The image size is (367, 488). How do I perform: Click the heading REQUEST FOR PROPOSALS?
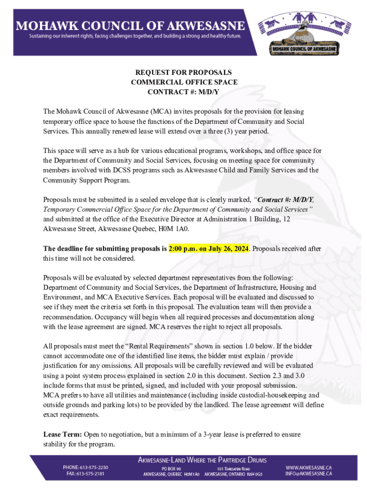point(183,72)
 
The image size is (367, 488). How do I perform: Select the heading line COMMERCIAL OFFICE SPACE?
point(183,82)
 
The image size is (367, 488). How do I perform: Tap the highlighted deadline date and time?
point(209,248)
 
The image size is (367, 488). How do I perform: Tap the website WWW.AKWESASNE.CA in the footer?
point(309,468)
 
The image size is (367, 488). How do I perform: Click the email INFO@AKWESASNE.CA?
point(309,474)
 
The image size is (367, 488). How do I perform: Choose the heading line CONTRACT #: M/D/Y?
point(183,92)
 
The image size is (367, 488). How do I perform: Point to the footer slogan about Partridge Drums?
point(202,460)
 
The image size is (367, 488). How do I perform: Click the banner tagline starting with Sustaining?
point(136,36)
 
